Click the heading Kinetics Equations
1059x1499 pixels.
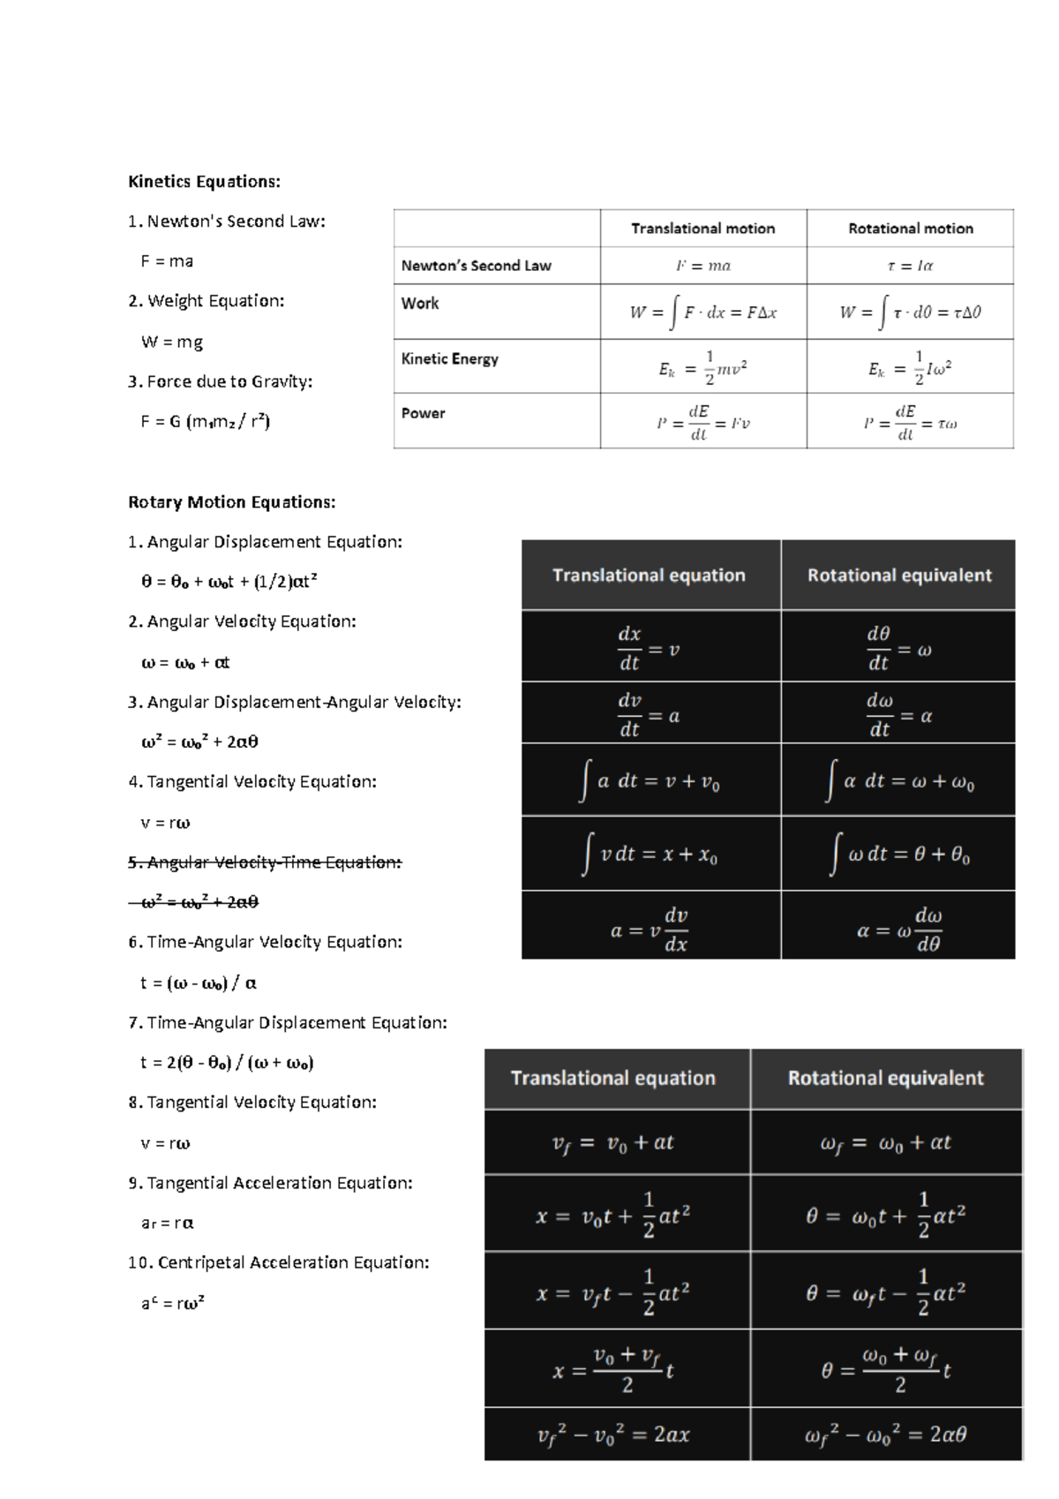tap(204, 182)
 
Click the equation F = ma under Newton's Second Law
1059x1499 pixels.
tap(167, 261)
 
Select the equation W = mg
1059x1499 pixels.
tap(172, 342)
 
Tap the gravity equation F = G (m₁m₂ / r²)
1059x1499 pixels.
tap(205, 421)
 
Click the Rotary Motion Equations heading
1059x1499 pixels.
tap(231, 502)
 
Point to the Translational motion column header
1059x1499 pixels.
tap(702, 229)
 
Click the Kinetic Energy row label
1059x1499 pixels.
tap(449, 359)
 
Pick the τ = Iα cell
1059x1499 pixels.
tap(909, 266)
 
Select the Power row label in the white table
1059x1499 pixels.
tap(423, 413)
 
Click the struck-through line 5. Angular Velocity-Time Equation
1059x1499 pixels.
tap(265, 862)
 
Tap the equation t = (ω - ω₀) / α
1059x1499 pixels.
tap(199, 983)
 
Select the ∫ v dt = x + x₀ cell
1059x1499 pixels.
tap(650, 854)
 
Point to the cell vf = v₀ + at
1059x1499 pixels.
tap(614, 1142)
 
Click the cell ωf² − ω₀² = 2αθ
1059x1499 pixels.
tap(885, 1435)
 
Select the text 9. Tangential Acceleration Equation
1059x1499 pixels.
tap(270, 1183)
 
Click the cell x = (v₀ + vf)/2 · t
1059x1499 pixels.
tap(614, 1370)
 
